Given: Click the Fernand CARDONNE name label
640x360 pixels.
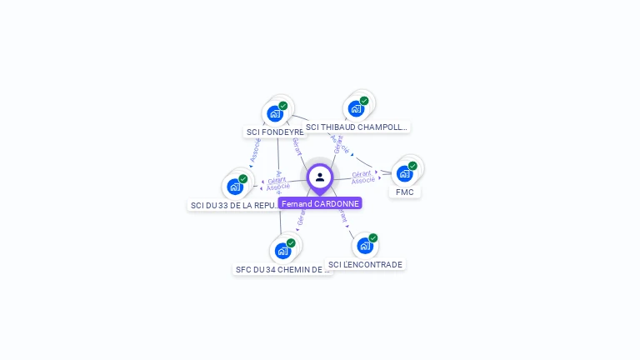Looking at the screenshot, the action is [320, 203].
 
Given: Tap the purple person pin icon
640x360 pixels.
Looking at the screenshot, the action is [320, 177].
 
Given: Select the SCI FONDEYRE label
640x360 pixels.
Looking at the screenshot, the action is [274, 132].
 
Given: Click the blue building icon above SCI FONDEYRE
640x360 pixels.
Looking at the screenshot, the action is [275, 113].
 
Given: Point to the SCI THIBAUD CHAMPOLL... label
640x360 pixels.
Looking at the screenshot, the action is [356, 127].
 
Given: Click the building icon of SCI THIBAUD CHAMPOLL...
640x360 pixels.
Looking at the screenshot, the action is [357, 108].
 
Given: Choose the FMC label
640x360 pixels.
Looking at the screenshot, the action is [405, 192].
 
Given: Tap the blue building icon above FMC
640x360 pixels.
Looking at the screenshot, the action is [405, 173].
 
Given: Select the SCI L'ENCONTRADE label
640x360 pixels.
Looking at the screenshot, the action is [365, 264].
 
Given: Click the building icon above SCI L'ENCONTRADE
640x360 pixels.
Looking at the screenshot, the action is [365, 245].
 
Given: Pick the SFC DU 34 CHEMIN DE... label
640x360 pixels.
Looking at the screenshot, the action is [282, 269].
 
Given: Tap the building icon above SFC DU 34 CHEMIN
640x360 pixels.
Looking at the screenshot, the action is [283, 250].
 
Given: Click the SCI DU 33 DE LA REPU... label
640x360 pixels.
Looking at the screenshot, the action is [235, 205].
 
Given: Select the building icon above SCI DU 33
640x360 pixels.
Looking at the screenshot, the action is [235, 186].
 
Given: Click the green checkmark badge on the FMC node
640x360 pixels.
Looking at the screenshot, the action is [412, 166].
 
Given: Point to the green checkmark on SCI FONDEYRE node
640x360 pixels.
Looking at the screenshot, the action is [283, 106].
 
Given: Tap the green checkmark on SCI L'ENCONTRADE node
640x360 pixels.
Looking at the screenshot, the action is [373, 237].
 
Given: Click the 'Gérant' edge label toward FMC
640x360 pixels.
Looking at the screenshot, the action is [362, 173].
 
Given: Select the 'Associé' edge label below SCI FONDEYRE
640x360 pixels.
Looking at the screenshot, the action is [255, 149].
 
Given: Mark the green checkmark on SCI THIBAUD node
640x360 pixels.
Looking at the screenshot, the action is [364, 101].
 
